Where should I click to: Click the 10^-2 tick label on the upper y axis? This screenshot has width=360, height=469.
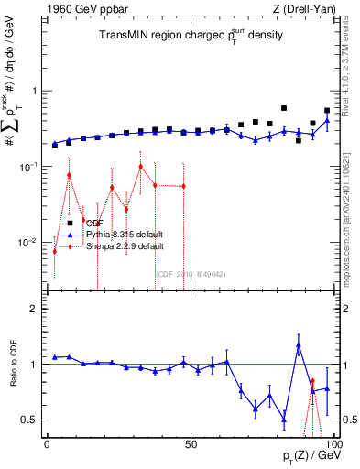tap(29, 243)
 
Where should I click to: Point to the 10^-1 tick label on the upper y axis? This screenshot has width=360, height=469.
tap(29, 167)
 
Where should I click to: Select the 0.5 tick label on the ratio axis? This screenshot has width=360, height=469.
tap(32, 420)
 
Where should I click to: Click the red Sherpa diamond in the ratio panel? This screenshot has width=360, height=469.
tap(312, 381)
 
